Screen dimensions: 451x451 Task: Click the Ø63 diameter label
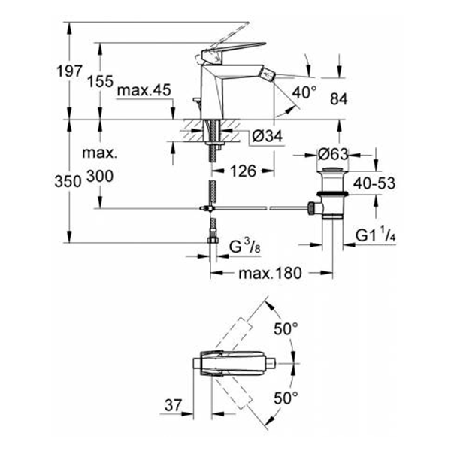(331, 153)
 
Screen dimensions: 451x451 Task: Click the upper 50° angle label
(286, 329)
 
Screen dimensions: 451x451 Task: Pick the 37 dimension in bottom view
(172, 404)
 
